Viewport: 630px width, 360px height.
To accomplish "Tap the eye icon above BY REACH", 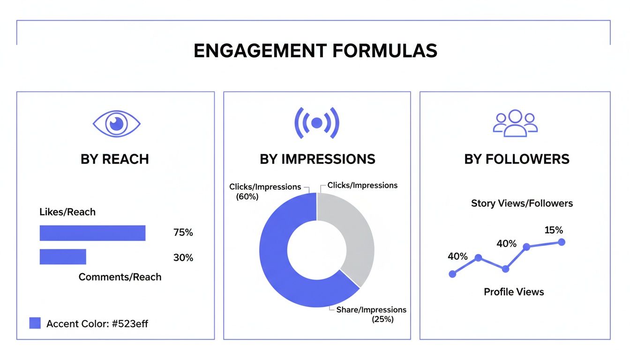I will pos(116,124).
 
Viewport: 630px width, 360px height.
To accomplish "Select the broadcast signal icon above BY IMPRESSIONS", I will pos(317,123).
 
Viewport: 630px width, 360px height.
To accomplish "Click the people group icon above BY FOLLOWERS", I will pos(515,123).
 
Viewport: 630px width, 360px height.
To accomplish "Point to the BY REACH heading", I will pos(115,159).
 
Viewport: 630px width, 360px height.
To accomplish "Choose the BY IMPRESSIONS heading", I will pos(317,159).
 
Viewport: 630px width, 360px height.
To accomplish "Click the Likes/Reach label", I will pos(67,212).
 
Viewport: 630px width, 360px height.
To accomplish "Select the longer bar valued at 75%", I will pos(92,233).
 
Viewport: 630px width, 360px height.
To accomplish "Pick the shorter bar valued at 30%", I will pos(63,257).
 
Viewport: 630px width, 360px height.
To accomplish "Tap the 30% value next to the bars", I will pos(183,258).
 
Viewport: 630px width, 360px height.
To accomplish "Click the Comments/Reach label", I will pos(120,277).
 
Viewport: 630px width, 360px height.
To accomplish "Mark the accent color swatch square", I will pos(35,323).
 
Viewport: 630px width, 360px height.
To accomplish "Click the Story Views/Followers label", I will pos(522,203).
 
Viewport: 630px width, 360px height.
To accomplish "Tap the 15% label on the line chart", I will pos(554,230).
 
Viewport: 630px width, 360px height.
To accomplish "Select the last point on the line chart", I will pos(562,242).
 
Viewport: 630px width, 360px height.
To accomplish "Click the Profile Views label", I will pos(514,292).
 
